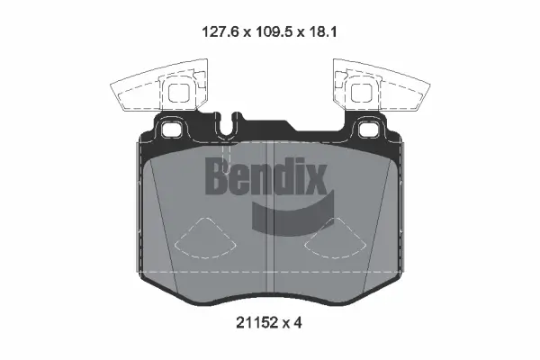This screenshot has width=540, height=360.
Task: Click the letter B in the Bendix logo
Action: [x=220, y=176]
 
